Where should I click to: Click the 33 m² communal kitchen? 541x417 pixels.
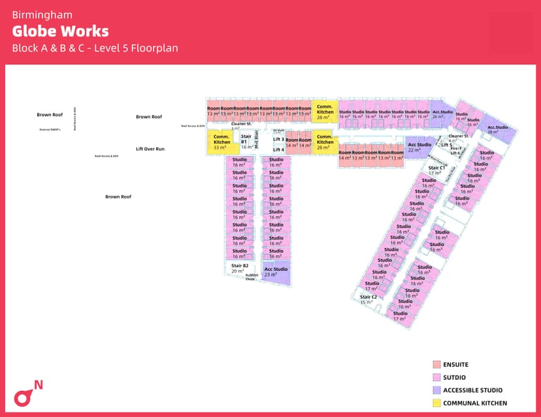pyautogui.click(x=221, y=142)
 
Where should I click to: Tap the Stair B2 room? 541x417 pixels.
pyautogui.click(x=240, y=268)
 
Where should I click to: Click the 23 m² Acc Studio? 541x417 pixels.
pyautogui.click(x=276, y=271)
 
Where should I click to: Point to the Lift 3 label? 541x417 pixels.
pyautogui.click(x=278, y=139)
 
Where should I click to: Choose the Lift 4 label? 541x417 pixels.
pyautogui.click(x=278, y=149)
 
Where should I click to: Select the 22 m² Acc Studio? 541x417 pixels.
pyautogui.click(x=415, y=147)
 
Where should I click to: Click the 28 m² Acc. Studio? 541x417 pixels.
pyautogui.click(x=498, y=129)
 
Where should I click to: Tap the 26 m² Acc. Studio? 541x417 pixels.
pyautogui.click(x=442, y=114)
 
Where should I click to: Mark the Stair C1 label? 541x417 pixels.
pyautogui.click(x=436, y=170)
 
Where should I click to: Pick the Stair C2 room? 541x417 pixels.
pyautogui.click(x=369, y=299)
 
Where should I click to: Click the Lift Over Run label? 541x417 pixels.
pyautogui.click(x=150, y=149)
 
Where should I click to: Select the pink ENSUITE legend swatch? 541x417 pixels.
pyautogui.click(x=436, y=364)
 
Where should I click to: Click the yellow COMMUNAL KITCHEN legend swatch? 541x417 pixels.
pyautogui.click(x=436, y=403)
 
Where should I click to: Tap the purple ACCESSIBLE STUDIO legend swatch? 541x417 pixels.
pyautogui.click(x=436, y=390)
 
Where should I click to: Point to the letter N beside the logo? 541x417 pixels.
pyautogui.click(x=39, y=384)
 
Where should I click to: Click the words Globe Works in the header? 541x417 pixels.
pyautogui.click(x=60, y=31)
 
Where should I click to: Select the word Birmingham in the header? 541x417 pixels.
pyautogui.click(x=42, y=14)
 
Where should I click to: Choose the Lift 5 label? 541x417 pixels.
pyautogui.click(x=447, y=144)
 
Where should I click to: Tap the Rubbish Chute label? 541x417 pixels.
pyautogui.click(x=252, y=277)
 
